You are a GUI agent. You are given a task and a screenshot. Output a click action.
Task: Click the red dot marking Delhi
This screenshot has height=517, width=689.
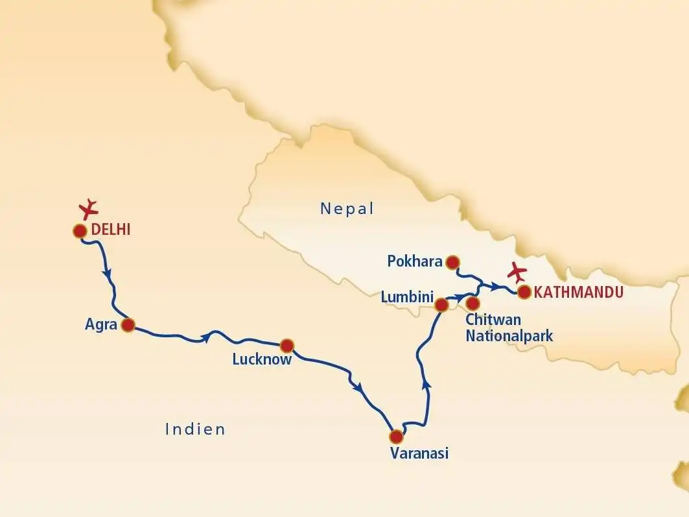click(80, 231)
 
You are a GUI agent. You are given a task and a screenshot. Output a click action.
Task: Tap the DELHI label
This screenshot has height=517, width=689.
click(111, 229)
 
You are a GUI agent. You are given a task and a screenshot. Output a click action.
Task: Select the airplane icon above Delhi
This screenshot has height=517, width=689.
click(89, 208)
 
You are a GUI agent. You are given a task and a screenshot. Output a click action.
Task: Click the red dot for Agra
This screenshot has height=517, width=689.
click(128, 325)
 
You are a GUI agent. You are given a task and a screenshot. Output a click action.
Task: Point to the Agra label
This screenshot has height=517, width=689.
click(100, 324)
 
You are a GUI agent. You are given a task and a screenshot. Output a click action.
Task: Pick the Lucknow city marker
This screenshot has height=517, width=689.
click(286, 345)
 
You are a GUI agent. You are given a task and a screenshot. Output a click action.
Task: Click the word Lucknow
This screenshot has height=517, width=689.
click(262, 359)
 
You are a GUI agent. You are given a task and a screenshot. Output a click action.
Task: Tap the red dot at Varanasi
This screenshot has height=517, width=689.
click(395, 436)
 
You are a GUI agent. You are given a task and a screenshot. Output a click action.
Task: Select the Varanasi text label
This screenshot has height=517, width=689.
click(419, 453)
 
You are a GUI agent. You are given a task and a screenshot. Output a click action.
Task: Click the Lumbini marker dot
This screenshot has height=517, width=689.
click(441, 304)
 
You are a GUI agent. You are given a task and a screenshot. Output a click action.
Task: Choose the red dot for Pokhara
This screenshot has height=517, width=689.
click(453, 262)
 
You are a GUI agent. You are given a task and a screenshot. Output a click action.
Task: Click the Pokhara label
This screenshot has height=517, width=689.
click(415, 262)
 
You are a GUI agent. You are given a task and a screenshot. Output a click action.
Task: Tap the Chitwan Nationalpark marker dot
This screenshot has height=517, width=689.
click(473, 303)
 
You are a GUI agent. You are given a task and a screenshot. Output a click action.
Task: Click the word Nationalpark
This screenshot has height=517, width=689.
click(509, 335)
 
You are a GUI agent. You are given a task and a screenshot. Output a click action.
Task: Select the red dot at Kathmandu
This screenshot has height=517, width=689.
click(524, 292)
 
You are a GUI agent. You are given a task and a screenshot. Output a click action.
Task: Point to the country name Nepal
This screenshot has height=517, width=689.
click(347, 209)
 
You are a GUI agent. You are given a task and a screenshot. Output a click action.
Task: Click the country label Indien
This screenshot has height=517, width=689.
click(195, 429)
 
